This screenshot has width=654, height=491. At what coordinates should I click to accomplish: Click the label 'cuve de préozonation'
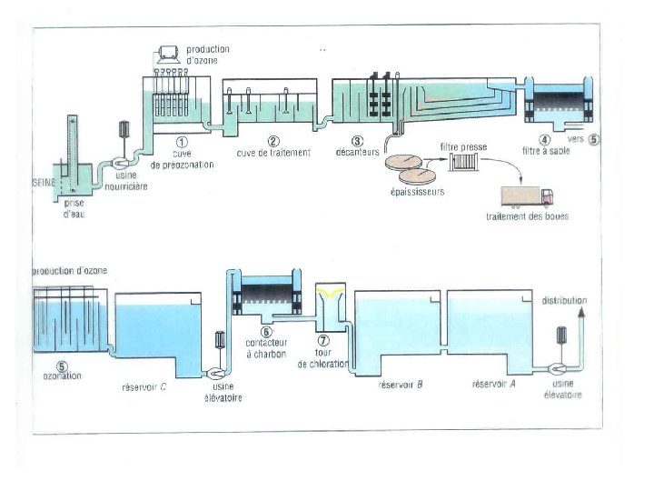click(182, 159)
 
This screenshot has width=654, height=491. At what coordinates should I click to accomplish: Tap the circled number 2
click(273, 141)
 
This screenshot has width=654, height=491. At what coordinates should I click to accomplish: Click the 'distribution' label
click(564, 300)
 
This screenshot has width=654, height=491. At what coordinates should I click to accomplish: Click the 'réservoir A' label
click(494, 385)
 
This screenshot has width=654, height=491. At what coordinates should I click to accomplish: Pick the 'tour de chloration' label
click(323, 357)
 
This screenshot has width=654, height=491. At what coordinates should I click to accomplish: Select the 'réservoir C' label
click(144, 386)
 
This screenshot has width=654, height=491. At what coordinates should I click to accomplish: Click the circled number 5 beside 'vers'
click(594, 140)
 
